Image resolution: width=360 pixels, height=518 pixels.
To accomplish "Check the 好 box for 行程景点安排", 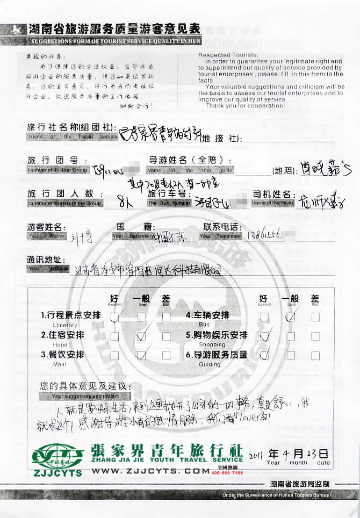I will [x=115, y=317].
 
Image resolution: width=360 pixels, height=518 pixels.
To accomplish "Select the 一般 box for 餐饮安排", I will [x=141, y=355].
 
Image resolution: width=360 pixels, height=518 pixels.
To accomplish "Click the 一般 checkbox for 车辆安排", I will [x=291, y=317].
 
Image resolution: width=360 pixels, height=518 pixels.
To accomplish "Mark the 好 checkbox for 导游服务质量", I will [x=264, y=355].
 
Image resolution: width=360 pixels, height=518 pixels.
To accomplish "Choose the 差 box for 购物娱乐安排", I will [x=315, y=336].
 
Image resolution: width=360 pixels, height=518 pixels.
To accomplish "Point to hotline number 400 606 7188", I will [x=228, y=473].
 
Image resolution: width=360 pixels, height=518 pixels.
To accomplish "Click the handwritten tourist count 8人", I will [x=126, y=203].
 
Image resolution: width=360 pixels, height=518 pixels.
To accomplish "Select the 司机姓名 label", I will [x=271, y=194].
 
